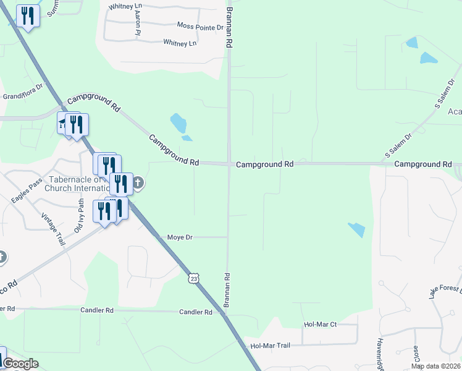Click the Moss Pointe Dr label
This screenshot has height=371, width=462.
coord(200,27)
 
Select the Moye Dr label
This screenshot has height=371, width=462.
coord(180,237)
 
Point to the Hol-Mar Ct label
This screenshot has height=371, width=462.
coord(320,324)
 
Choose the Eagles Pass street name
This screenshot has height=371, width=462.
coord(27,191)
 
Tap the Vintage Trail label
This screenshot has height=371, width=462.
coord(52,229)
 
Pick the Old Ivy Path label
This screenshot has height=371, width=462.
coord(78,215)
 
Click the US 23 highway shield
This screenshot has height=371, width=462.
coord(194,279)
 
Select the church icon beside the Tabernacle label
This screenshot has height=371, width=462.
coord(138,182)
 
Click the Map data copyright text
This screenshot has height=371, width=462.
coord(435,366)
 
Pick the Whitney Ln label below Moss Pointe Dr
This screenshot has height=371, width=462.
coord(180,43)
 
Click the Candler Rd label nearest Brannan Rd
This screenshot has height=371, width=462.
coord(196,312)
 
